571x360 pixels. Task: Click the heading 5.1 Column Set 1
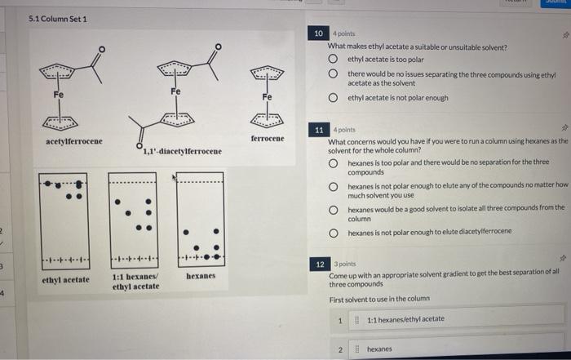tap(57, 18)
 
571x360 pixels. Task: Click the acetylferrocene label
tap(74, 142)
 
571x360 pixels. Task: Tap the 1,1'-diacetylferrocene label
tap(182, 152)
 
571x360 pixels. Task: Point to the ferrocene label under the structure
tap(268, 139)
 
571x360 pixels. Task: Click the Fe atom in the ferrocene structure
tap(267, 96)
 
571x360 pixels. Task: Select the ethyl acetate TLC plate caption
tap(65, 280)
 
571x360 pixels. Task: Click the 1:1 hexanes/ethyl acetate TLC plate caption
tap(135, 282)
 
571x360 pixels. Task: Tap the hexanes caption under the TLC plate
tap(201, 277)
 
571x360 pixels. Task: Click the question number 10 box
tap(320, 33)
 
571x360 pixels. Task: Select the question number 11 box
tap(320, 130)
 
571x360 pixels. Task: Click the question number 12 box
tap(320, 264)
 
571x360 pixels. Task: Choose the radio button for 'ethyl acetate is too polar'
tap(334, 60)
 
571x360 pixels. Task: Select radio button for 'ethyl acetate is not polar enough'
tap(334, 98)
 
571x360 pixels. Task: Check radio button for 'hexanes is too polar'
tap(334, 163)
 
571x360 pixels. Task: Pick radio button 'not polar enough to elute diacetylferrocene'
tap(334, 232)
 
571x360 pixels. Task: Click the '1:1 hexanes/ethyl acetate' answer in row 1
tap(405, 319)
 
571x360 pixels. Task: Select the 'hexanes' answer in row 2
tap(379, 349)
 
